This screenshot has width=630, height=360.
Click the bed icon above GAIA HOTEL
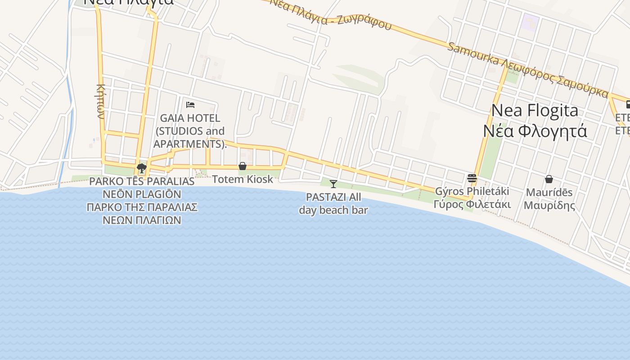coord(190,105)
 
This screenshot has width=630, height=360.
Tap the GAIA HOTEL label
coord(190,118)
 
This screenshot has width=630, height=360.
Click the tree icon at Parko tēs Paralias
coord(142,168)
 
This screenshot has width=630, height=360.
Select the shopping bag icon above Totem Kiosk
coord(243,166)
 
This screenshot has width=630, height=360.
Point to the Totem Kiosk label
coord(243,179)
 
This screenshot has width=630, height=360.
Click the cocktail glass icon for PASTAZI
coord(333,184)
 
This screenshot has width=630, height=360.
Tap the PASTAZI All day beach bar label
coord(333,203)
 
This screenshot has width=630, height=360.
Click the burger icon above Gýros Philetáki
coord(472,178)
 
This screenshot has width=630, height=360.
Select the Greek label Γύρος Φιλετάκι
coord(472,204)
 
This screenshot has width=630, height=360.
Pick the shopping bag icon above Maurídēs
coord(549,179)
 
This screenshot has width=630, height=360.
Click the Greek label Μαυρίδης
coord(549,206)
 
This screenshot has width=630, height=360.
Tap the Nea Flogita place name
coord(535,110)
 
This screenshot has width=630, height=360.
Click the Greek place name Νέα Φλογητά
coord(535,131)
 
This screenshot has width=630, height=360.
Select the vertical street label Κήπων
coord(101,101)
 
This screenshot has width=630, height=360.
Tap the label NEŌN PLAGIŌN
coord(142,194)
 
